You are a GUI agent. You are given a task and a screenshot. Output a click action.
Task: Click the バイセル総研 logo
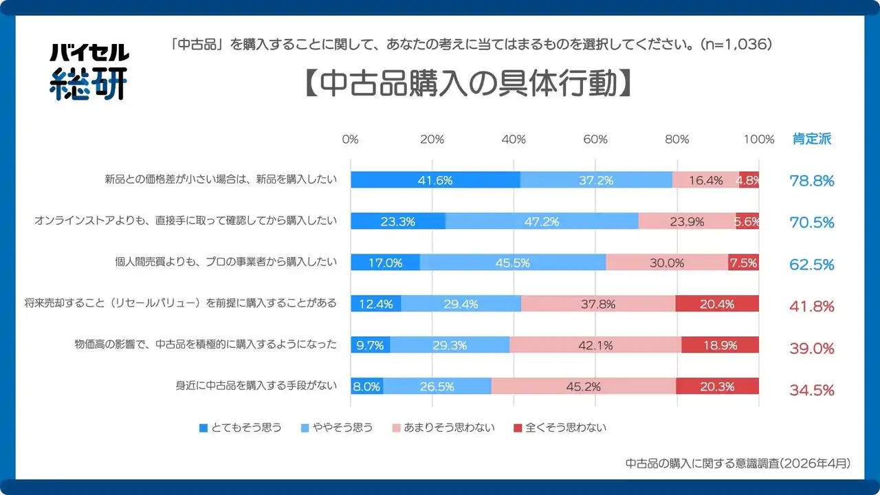(x=89, y=71)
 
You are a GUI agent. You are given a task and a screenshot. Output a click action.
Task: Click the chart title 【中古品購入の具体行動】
(x=467, y=83)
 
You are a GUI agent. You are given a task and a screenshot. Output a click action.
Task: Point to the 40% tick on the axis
(x=513, y=139)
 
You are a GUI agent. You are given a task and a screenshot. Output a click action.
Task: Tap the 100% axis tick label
(x=759, y=139)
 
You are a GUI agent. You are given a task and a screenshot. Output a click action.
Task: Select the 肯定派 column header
(x=811, y=139)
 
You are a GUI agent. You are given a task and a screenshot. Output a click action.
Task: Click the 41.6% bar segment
(x=435, y=180)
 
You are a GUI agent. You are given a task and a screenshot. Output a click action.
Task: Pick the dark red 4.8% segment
(x=749, y=180)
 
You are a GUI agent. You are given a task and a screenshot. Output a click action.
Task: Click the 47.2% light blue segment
(x=542, y=221)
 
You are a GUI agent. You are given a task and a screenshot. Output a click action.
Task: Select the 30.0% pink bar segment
(x=667, y=263)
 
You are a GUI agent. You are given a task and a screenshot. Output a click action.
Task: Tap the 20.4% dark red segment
(x=717, y=304)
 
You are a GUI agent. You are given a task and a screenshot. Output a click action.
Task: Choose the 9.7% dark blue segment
(x=370, y=345)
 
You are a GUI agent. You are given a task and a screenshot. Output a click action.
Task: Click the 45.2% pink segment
(x=583, y=386)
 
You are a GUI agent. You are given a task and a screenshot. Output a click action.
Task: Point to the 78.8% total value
(x=811, y=181)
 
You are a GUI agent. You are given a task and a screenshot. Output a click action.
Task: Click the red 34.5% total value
(x=811, y=390)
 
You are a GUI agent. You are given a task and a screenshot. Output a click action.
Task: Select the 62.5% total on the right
(x=811, y=265)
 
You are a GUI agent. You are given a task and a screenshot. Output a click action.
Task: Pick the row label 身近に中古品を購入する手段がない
(x=256, y=386)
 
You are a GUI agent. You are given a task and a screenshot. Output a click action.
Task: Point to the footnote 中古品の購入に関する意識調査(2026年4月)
(x=738, y=463)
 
